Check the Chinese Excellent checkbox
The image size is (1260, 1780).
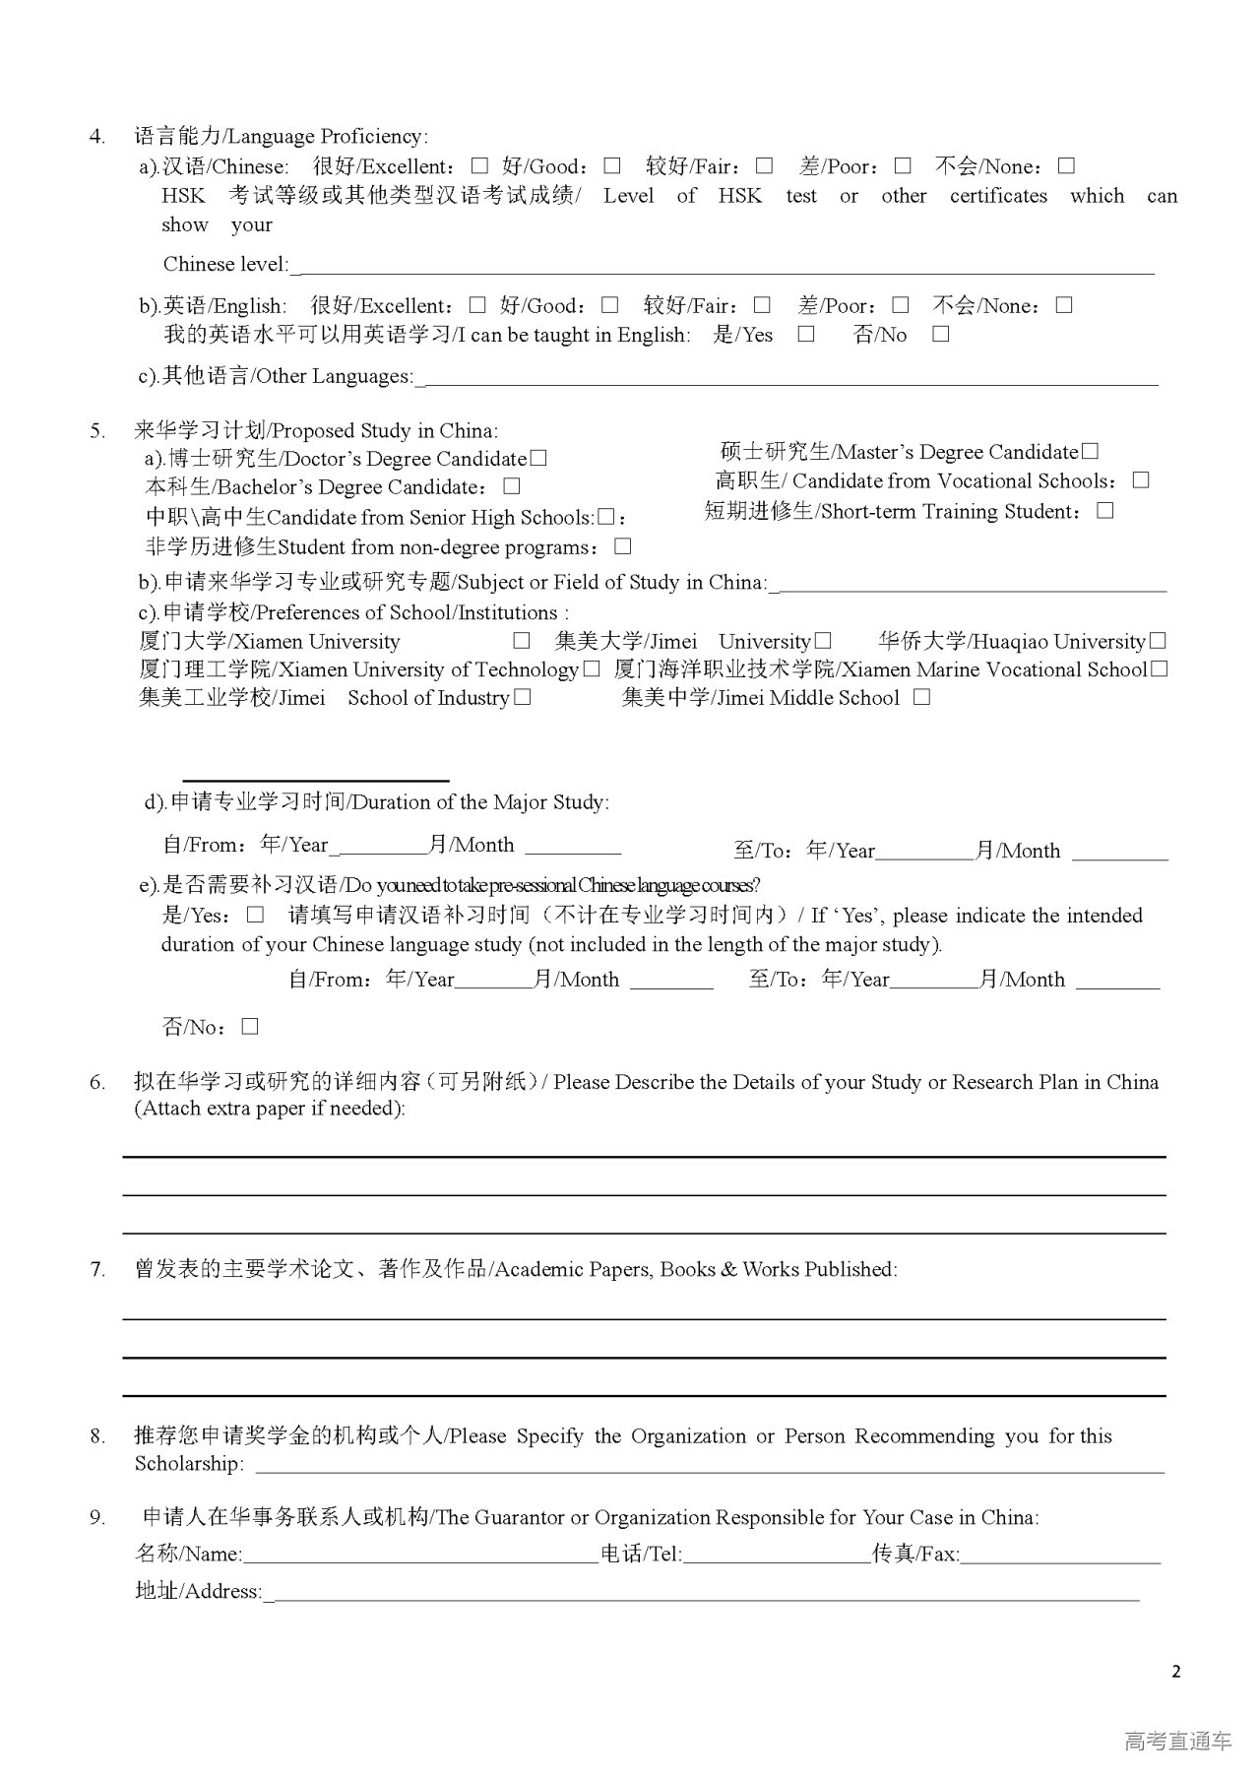point(479,165)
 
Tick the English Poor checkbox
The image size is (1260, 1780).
point(901,305)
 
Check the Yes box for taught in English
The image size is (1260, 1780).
point(806,334)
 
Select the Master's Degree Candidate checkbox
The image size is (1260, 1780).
point(1090,451)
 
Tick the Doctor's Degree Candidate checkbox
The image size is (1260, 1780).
point(538,458)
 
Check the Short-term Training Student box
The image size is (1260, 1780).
point(1105,510)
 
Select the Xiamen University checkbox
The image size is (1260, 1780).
point(522,641)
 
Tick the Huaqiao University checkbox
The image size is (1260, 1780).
point(1158,641)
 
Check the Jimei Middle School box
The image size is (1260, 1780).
point(921,697)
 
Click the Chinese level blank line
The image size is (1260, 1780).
point(724,265)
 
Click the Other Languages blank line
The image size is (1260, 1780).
point(787,377)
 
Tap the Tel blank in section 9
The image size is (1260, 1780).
point(778,1555)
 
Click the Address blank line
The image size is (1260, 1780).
point(703,1592)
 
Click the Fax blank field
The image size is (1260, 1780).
point(1061,1555)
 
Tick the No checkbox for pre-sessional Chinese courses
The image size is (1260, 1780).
point(250,1027)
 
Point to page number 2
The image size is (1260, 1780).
point(1176,1671)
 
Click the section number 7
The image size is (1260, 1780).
point(97,1270)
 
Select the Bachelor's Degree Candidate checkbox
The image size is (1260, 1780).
point(511,486)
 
